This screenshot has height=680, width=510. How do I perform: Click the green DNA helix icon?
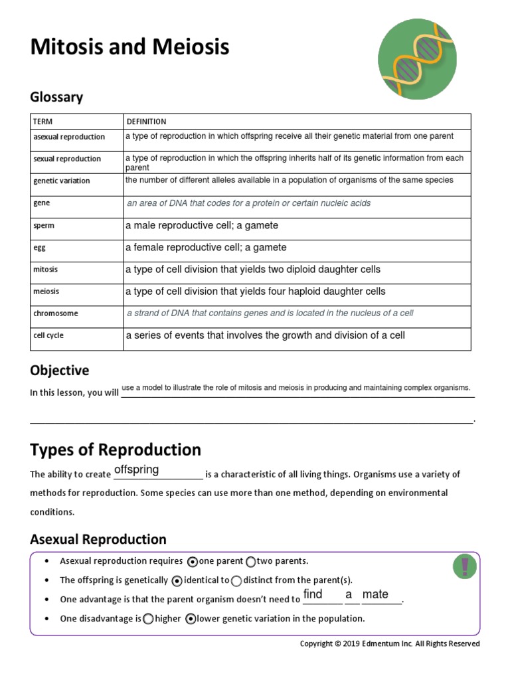click(417, 60)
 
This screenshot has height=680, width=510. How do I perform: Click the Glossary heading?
click(56, 97)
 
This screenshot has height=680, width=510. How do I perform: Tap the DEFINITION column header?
click(146, 122)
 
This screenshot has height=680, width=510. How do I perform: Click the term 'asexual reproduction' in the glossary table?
click(69, 137)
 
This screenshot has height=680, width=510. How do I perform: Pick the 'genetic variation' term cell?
click(62, 181)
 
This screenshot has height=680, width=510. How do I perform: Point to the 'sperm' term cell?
click(44, 226)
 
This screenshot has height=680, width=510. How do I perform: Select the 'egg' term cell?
click(39, 248)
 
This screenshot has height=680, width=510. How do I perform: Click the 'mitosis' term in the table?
click(45, 270)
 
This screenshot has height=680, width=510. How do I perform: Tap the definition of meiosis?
click(255, 292)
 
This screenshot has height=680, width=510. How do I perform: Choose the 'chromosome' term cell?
click(56, 313)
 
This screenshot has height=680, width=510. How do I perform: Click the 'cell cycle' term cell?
click(48, 335)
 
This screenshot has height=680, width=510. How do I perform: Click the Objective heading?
click(59, 370)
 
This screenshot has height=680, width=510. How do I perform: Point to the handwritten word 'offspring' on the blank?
click(136, 470)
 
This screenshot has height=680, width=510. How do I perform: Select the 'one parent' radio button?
click(192, 562)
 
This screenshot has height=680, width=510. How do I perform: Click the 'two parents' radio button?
click(250, 562)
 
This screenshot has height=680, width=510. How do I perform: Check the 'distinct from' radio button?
click(236, 580)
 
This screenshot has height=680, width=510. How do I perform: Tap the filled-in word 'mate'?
click(375, 594)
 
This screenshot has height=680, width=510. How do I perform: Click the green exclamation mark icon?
click(464, 566)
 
